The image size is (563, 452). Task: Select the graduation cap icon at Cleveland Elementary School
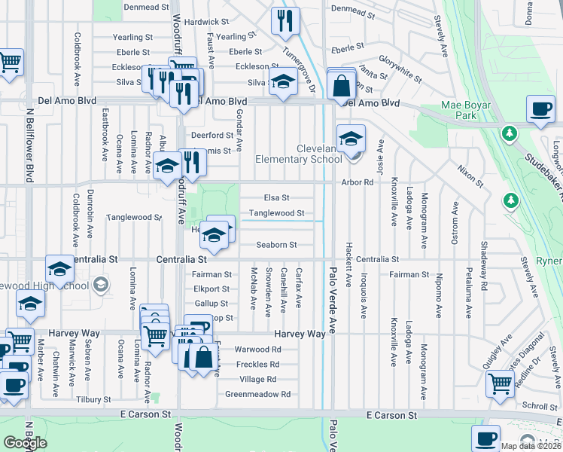coord(351,140)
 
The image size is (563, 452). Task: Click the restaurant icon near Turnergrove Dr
coord(285,23)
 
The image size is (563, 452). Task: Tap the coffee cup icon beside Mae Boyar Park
coord(540,110)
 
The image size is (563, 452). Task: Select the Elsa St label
coord(275,198)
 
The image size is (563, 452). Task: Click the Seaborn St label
coord(276,245)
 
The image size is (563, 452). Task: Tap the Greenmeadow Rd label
coord(258,394)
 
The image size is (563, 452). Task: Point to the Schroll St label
coord(540,406)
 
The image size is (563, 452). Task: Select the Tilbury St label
coord(93,399)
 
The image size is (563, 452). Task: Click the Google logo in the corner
coord(25,443)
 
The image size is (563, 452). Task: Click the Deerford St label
coord(212,136)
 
